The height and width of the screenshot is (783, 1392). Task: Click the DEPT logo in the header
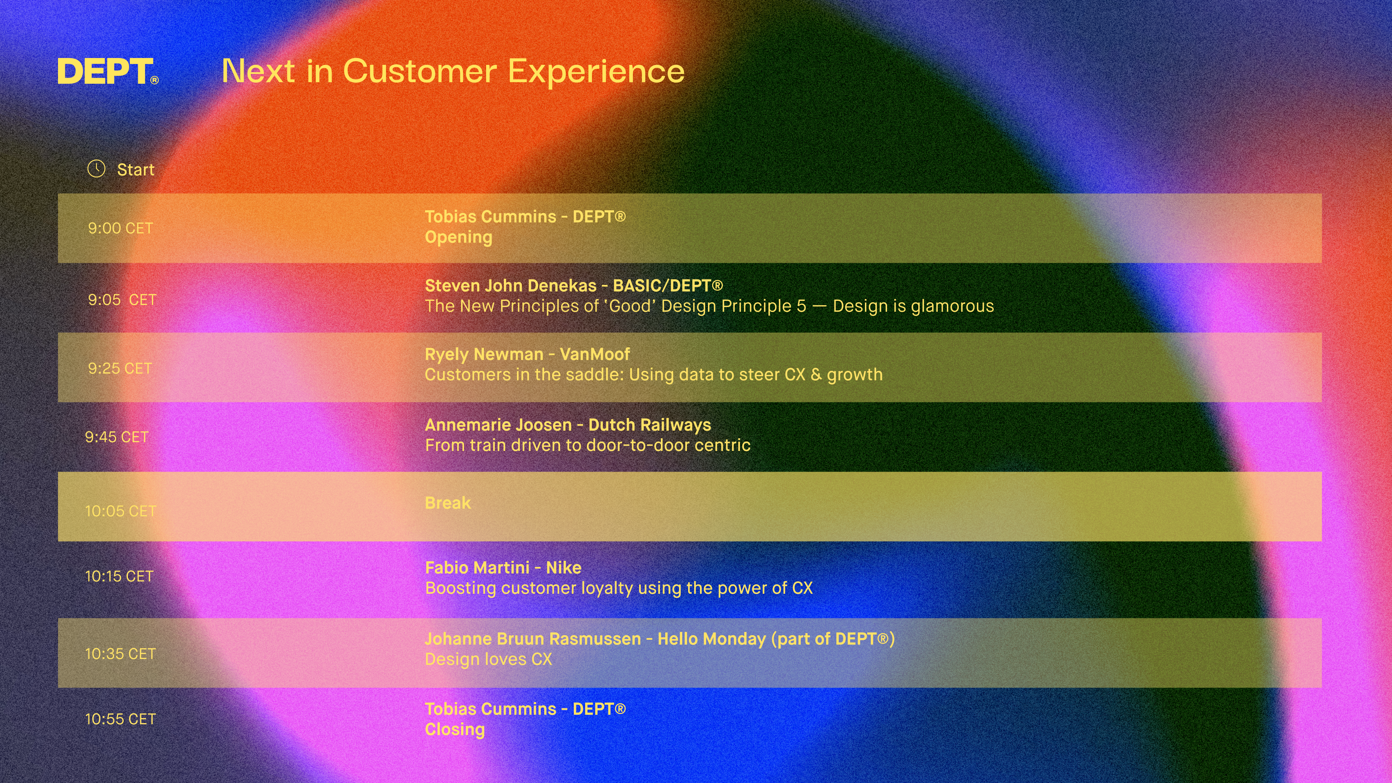coord(108,71)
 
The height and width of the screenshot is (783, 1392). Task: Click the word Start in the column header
coord(136,170)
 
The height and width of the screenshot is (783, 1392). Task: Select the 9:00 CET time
coord(120,228)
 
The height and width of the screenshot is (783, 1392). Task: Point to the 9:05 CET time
coord(122,299)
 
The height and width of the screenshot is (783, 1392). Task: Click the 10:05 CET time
coord(120,511)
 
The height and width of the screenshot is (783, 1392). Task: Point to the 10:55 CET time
coord(120,719)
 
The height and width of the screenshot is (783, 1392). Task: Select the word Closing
coord(455,729)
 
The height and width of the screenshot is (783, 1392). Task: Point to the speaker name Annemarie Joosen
coord(498,425)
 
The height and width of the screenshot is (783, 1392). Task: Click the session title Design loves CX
coord(489,659)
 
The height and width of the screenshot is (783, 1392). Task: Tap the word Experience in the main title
coord(596,71)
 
